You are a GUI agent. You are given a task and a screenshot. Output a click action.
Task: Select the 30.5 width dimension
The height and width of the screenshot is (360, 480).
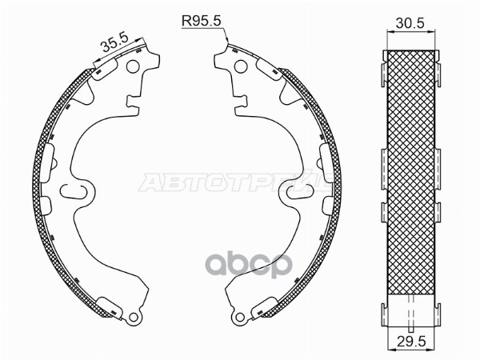409,24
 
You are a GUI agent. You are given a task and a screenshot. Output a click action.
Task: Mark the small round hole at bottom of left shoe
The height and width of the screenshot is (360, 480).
126,318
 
